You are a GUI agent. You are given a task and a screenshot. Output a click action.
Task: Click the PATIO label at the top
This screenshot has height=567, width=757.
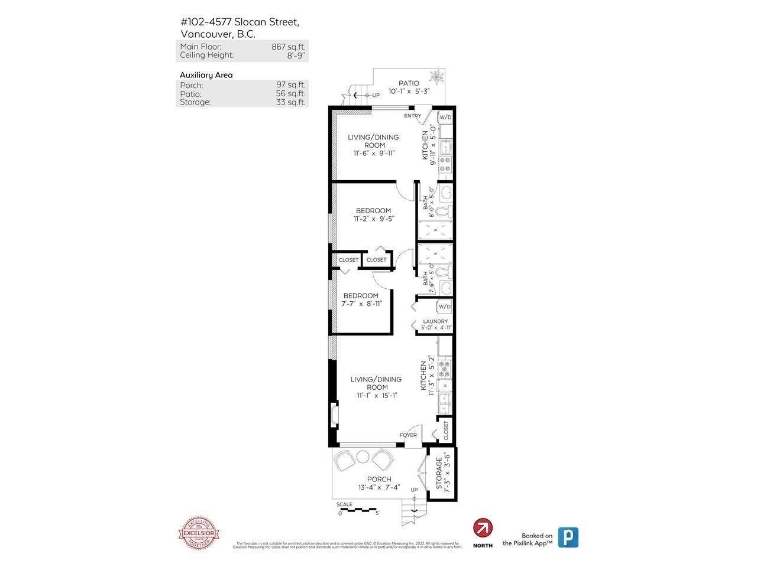[x=408, y=83]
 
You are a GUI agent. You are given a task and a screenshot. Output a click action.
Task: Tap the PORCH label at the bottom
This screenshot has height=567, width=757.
[x=378, y=479]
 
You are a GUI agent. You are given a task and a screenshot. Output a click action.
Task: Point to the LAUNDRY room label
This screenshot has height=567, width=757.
[x=435, y=321]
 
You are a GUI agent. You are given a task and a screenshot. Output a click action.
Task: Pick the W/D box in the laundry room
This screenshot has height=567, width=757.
[x=444, y=307]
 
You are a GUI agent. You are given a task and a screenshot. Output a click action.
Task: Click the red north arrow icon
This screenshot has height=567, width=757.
[x=483, y=527]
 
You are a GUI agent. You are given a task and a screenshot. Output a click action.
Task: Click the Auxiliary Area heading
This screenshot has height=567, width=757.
[x=206, y=75]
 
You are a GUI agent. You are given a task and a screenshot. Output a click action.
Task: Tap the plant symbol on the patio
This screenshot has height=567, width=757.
[x=438, y=77]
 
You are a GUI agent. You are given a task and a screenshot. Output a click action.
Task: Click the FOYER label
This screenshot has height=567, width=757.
[x=408, y=435]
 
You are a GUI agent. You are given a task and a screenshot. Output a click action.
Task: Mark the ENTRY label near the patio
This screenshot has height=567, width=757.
[x=412, y=116]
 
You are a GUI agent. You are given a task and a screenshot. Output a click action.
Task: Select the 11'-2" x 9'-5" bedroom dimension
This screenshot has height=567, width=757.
[x=373, y=219]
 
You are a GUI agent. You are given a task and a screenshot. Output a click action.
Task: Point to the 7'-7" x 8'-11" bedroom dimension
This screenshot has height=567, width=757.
[x=361, y=304]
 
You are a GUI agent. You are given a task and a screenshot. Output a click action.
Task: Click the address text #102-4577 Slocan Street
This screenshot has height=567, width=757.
[x=240, y=22]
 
